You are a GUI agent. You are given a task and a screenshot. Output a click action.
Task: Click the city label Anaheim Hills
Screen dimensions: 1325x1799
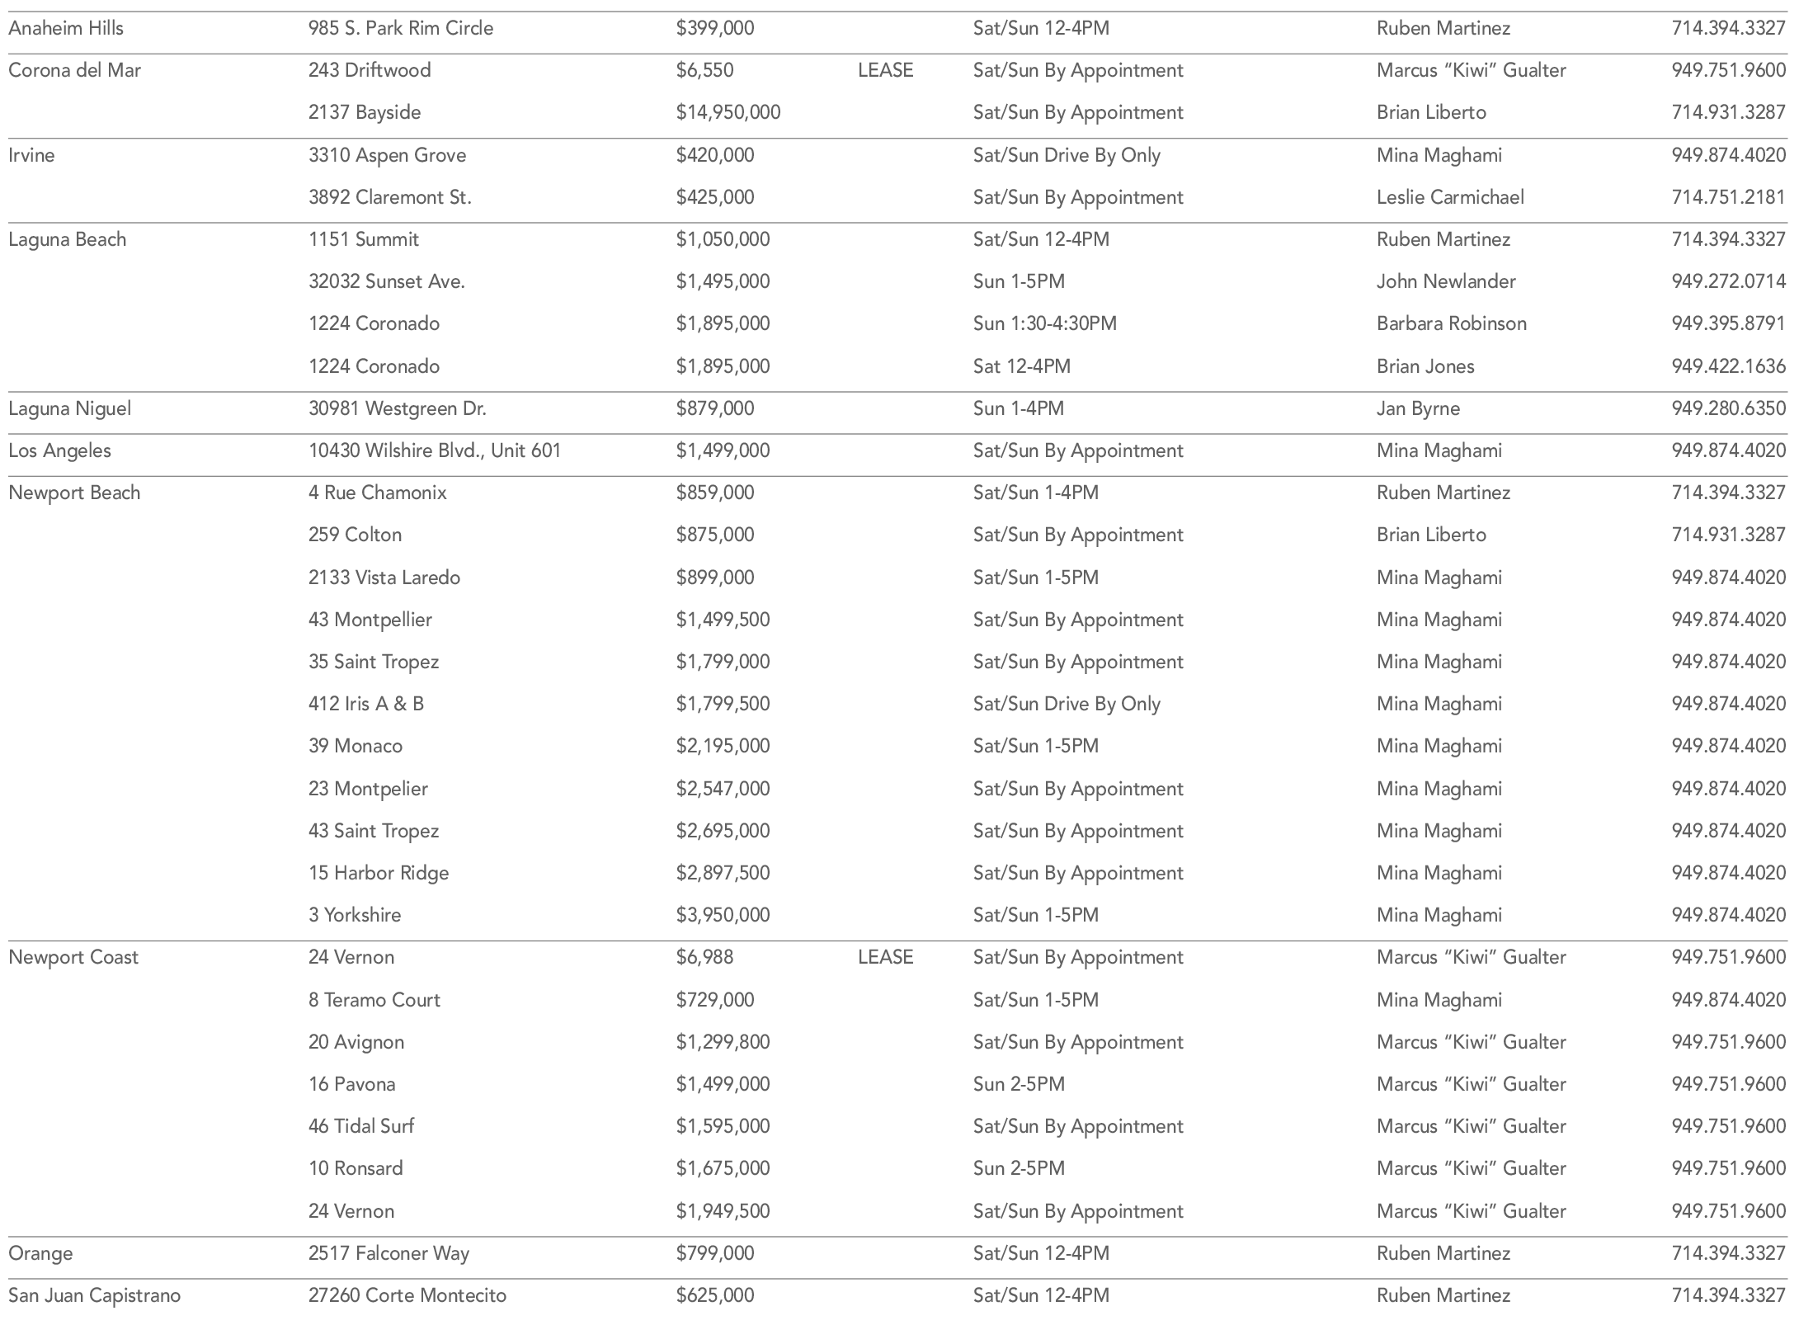tap(66, 28)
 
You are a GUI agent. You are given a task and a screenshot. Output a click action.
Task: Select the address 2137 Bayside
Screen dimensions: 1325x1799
tap(365, 112)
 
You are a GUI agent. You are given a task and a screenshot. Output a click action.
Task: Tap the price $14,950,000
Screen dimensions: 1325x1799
tap(728, 112)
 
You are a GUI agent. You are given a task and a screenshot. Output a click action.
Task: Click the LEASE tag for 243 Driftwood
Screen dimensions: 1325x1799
tap(885, 70)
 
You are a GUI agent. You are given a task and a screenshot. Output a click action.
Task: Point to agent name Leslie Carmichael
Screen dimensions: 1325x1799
tap(1450, 197)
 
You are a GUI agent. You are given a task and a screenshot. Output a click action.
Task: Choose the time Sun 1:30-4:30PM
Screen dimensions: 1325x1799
tap(1044, 323)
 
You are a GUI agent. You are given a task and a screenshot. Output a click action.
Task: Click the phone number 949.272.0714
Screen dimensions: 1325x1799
tap(1728, 281)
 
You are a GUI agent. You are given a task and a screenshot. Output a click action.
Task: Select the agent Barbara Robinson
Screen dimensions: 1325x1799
tap(1451, 323)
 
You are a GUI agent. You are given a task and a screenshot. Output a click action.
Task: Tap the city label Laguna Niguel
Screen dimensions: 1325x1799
tap(70, 408)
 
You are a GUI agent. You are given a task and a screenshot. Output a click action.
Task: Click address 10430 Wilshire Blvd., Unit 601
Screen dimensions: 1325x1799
tap(435, 450)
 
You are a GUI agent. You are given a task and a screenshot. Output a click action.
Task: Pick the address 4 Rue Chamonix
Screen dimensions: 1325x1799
tap(378, 493)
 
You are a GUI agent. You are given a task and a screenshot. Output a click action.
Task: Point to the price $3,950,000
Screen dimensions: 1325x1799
tap(723, 915)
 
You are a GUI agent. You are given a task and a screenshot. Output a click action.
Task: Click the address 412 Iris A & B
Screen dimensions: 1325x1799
tap(366, 704)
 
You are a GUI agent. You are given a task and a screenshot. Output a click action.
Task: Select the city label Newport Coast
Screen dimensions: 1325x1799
tap(73, 957)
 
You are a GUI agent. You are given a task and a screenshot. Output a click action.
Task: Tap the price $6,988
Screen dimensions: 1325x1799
tap(704, 957)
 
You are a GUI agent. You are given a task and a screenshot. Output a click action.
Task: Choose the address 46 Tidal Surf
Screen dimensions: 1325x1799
tap(361, 1126)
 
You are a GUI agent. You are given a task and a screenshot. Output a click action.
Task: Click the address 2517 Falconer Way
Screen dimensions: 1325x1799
tap(389, 1253)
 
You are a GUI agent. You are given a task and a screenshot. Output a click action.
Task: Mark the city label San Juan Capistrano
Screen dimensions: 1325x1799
tap(94, 1295)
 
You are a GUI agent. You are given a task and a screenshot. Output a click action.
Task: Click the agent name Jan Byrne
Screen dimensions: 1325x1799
tap(1418, 408)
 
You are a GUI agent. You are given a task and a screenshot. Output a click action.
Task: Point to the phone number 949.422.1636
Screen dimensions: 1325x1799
tap(1728, 366)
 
